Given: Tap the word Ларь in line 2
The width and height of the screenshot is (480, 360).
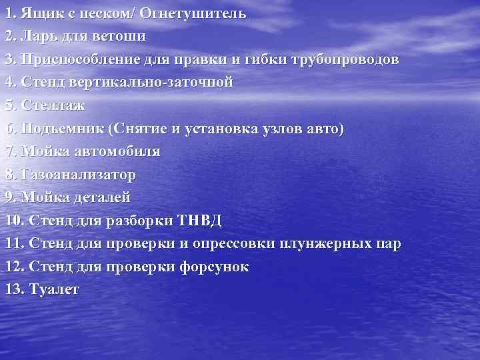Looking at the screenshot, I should tap(37, 37).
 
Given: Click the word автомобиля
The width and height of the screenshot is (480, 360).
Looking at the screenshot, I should tap(113, 151).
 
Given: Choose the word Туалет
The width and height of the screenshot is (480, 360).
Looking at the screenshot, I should tap(53, 289).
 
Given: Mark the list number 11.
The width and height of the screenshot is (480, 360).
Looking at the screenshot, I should tap(11, 243).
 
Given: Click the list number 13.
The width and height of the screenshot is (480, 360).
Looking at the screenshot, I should tap(12, 289).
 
